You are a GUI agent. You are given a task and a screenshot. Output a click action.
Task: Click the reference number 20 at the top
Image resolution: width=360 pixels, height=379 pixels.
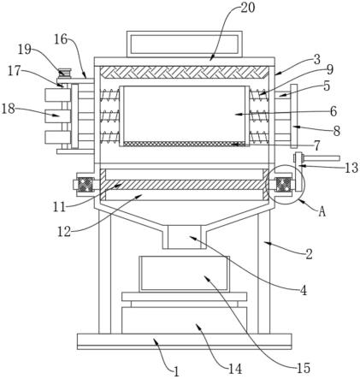click(x=247, y=8)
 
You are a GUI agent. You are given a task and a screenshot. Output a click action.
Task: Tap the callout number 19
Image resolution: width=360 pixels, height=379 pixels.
click(x=25, y=50)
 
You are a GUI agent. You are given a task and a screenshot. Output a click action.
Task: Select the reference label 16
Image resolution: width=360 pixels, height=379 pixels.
click(x=61, y=39)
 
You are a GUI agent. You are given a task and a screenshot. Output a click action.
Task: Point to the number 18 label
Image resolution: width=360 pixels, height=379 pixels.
click(x=8, y=109)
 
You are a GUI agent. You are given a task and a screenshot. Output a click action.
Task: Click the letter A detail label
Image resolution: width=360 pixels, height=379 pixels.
click(x=322, y=211)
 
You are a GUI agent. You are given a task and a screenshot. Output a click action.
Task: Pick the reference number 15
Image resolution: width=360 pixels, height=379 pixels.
click(x=303, y=368)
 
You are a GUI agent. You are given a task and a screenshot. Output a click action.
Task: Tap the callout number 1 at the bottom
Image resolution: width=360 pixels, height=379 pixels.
click(x=176, y=371)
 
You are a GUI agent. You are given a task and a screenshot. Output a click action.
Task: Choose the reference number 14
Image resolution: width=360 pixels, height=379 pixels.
click(x=235, y=369)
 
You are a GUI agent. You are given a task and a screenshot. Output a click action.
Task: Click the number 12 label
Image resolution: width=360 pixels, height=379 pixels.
click(x=64, y=232)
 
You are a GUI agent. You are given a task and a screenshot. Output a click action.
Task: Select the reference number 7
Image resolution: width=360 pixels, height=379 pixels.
click(x=316, y=145)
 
